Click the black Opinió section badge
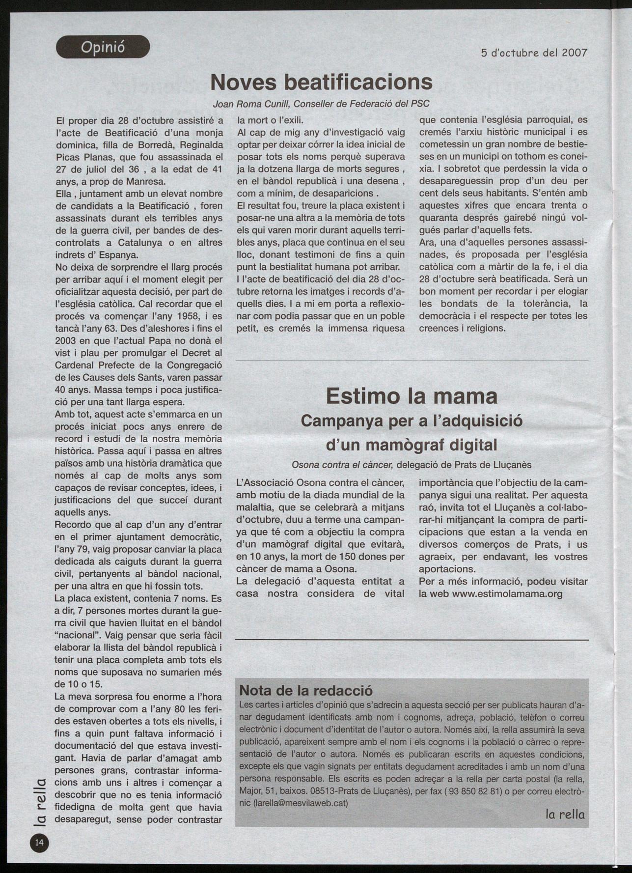[103, 47]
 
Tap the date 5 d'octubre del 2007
[534, 53]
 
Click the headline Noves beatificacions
[321, 82]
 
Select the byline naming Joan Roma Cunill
[321, 104]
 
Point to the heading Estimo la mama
[412, 396]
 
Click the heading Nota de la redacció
[306, 690]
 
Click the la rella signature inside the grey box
[565, 814]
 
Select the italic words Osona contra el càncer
[342, 465]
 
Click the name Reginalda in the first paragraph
[200, 145]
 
